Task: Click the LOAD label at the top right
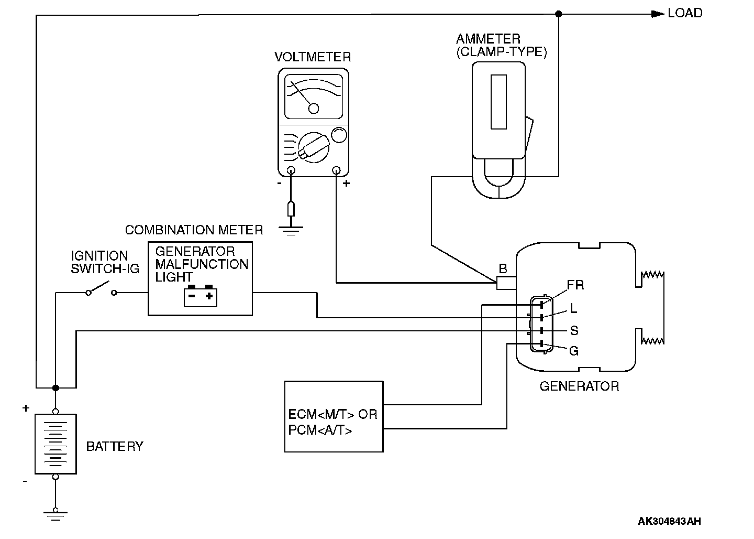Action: [685, 13]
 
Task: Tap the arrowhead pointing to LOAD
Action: [658, 14]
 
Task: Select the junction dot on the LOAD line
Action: [558, 14]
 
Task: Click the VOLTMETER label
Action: [313, 57]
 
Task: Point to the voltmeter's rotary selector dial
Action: [314, 147]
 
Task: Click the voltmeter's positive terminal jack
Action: [336, 170]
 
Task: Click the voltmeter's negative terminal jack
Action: [291, 170]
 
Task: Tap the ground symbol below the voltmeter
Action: [291, 230]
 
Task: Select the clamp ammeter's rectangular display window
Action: [498, 102]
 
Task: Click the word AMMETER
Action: [488, 39]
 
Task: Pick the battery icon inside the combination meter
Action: [201, 296]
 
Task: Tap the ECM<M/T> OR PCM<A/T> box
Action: [334, 416]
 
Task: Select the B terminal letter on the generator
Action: [503, 268]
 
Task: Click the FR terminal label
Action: [575, 285]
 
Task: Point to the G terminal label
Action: [574, 351]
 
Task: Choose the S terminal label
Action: [574, 330]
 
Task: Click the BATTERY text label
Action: [115, 446]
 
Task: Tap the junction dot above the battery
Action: [56, 387]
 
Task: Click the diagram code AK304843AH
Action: [669, 521]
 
